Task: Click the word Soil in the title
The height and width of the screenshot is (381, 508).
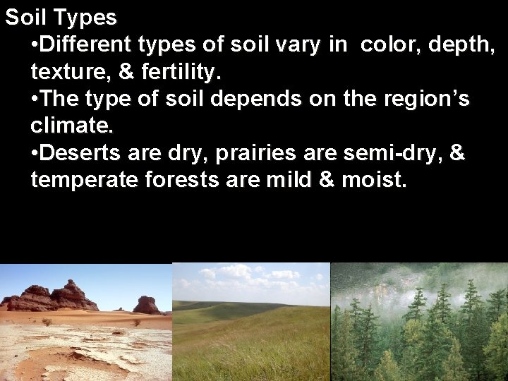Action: point(23,17)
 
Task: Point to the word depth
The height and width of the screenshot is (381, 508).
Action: point(459,45)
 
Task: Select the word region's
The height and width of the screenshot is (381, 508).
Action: point(425,99)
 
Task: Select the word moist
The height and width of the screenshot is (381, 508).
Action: point(374,181)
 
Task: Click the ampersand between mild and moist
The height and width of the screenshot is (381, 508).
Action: point(326,181)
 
